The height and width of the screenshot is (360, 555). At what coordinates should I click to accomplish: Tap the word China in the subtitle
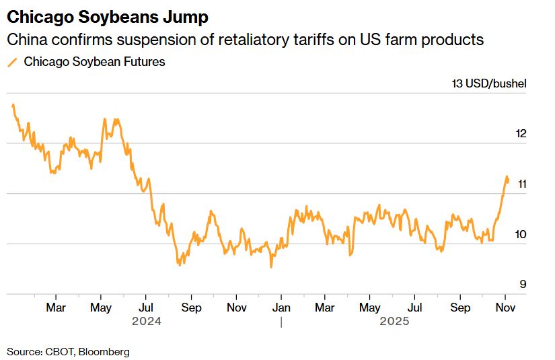(x=26, y=40)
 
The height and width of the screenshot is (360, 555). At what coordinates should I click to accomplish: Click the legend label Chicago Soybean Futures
(x=94, y=62)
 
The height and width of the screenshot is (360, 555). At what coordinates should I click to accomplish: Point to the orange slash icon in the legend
(x=11, y=62)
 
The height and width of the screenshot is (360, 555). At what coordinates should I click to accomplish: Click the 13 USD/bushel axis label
(x=489, y=84)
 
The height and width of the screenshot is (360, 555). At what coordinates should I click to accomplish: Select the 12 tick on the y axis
(x=520, y=133)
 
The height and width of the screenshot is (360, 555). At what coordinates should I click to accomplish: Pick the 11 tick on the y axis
(x=520, y=184)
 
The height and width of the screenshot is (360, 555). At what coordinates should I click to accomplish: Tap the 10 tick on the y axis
(x=520, y=234)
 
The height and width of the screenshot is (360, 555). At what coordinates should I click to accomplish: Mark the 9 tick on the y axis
(x=523, y=284)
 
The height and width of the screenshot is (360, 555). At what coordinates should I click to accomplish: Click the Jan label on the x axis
(x=281, y=308)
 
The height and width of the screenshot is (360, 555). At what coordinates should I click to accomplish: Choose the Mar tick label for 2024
(x=56, y=308)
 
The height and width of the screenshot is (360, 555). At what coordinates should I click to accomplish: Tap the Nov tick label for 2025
(x=505, y=308)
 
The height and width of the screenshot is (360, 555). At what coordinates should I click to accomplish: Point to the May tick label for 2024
(x=100, y=308)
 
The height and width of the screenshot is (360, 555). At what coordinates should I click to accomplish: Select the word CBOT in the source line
(x=59, y=351)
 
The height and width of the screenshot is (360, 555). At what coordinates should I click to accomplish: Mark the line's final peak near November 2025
(x=507, y=176)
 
